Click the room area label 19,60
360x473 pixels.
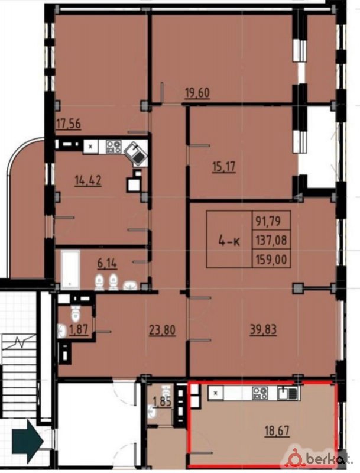(x=197, y=93)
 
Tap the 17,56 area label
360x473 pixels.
(x=69, y=124)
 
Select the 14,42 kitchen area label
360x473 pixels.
(x=88, y=180)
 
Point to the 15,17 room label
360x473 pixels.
(x=223, y=167)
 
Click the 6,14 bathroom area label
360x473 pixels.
(x=107, y=263)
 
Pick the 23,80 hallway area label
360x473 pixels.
(x=162, y=330)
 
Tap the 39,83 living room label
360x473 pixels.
(x=263, y=330)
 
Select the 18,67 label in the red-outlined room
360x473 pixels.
(x=277, y=431)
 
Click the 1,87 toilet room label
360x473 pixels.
(x=79, y=329)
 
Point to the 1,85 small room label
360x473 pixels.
(x=162, y=402)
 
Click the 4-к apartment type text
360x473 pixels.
(x=229, y=241)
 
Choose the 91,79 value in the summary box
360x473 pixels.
(x=268, y=221)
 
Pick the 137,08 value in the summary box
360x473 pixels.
(x=271, y=241)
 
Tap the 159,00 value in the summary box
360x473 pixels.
(x=271, y=259)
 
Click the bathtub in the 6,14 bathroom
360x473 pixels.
(x=70, y=270)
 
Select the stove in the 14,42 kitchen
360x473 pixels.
(x=113, y=146)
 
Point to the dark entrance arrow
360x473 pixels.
(x=28, y=441)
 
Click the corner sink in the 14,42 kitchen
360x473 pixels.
(x=136, y=153)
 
